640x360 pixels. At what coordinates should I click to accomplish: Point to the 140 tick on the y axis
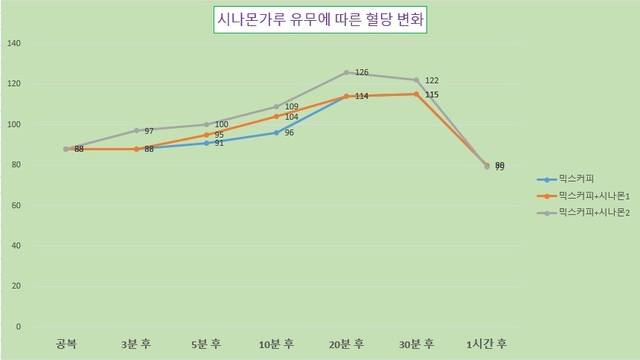click(x=13, y=44)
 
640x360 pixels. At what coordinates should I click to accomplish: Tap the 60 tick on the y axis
click(x=15, y=205)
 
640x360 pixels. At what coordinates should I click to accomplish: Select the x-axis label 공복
click(x=66, y=344)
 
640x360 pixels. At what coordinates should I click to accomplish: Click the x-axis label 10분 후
click(x=276, y=344)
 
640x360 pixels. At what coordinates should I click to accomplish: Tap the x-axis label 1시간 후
click(x=487, y=344)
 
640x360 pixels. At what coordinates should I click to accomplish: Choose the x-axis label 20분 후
click(x=346, y=344)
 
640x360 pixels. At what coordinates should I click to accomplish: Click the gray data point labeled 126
click(x=346, y=72)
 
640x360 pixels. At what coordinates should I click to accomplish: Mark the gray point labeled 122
click(x=416, y=80)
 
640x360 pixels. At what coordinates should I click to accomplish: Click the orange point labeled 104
click(x=276, y=116)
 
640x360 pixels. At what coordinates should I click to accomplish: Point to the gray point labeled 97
click(x=136, y=130)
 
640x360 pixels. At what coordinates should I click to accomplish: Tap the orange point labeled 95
click(x=206, y=134)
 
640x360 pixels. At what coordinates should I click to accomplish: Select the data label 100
click(x=222, y=124)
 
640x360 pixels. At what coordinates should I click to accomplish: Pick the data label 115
click(x=432, y=95)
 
